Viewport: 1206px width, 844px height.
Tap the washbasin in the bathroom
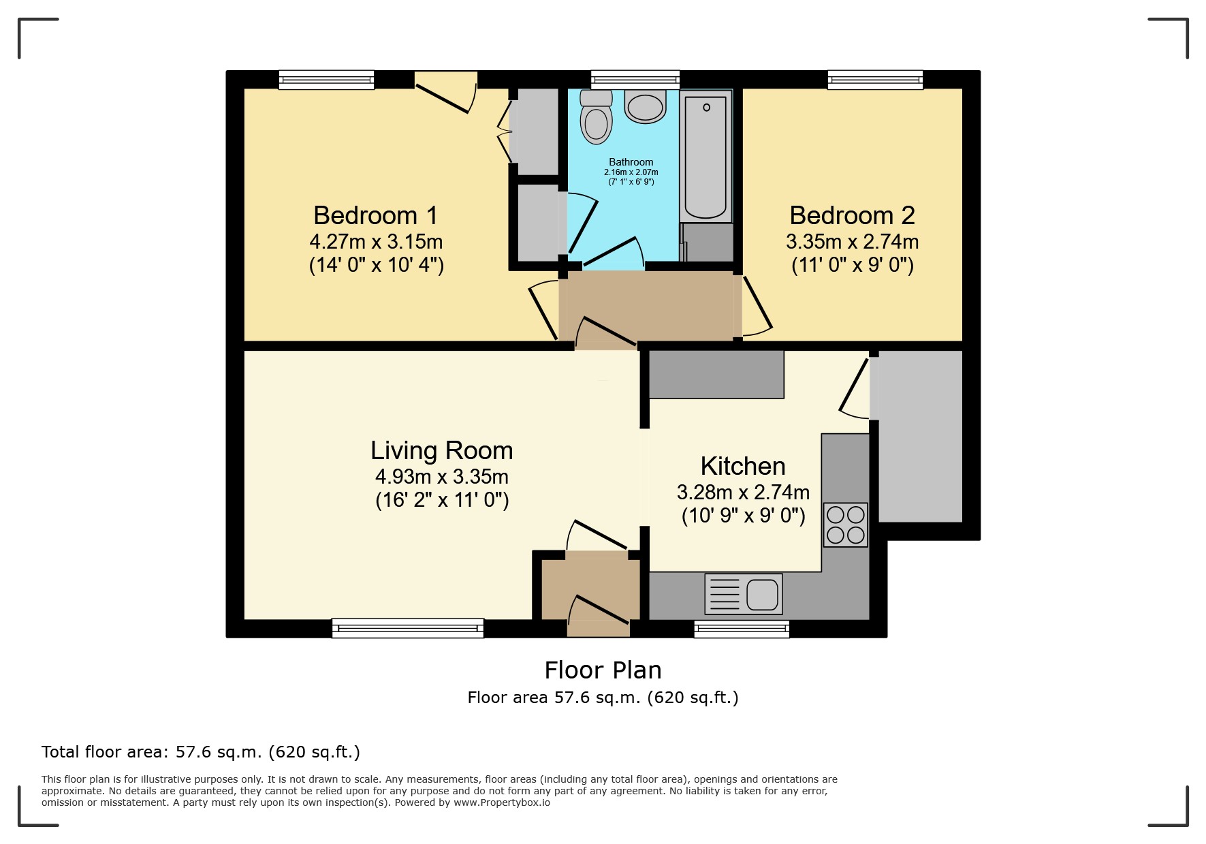645,106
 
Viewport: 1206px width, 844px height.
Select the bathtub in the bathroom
705,157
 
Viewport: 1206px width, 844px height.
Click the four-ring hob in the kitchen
845,525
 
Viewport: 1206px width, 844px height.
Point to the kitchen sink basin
762,595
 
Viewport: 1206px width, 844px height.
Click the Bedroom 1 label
375,215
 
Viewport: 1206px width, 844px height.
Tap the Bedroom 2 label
852,215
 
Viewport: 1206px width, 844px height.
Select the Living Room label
441,451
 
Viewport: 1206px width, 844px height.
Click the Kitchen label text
743,467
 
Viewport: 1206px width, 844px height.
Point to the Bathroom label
631,162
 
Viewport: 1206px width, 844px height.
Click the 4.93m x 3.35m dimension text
441,477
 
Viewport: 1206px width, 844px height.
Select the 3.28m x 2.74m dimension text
743,492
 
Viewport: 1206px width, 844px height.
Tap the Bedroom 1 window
327,80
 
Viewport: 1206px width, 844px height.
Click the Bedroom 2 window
875,80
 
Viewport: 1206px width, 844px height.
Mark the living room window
408,628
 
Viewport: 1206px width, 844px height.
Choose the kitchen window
742,629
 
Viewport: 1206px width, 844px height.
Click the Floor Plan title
603,670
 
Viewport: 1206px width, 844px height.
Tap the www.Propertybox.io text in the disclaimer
502,802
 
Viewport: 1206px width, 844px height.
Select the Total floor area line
200,752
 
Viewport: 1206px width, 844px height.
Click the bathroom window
635,80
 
